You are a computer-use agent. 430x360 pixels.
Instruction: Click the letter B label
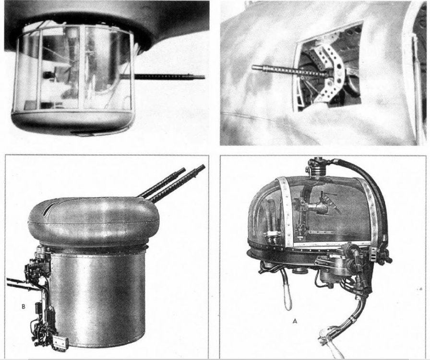[x=24, y=307]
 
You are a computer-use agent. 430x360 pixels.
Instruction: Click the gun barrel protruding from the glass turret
[x=168, y=76]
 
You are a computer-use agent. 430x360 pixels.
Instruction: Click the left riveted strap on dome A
[x=285, y=208]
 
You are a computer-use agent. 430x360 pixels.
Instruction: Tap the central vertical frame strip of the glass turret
[x=82, y=69]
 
